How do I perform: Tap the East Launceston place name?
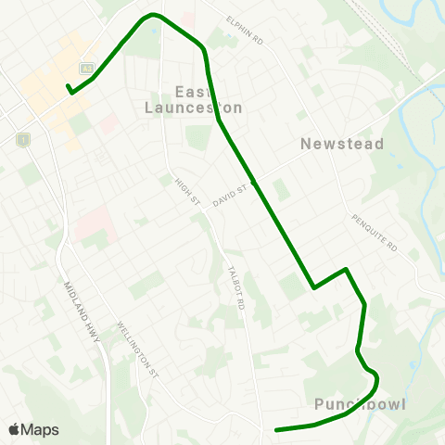208,99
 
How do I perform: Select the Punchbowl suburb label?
360,404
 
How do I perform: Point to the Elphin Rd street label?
245,30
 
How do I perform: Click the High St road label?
188,193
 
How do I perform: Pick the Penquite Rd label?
374,233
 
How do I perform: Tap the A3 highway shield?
87,68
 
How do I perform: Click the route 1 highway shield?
23,139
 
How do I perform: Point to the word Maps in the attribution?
41,429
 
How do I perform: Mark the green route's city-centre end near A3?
69,89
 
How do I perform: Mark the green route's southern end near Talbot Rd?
276,429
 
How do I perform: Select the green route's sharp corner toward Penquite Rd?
346,270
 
